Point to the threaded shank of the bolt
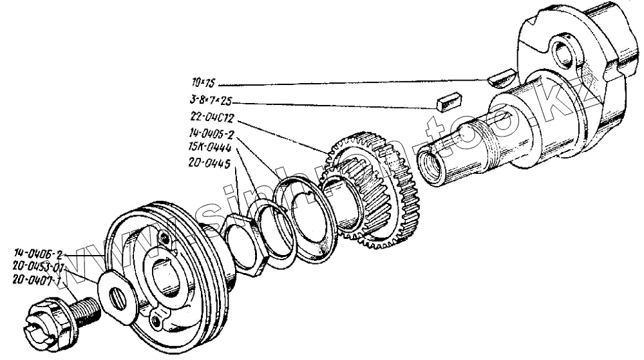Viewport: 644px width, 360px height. coord(84,308)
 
